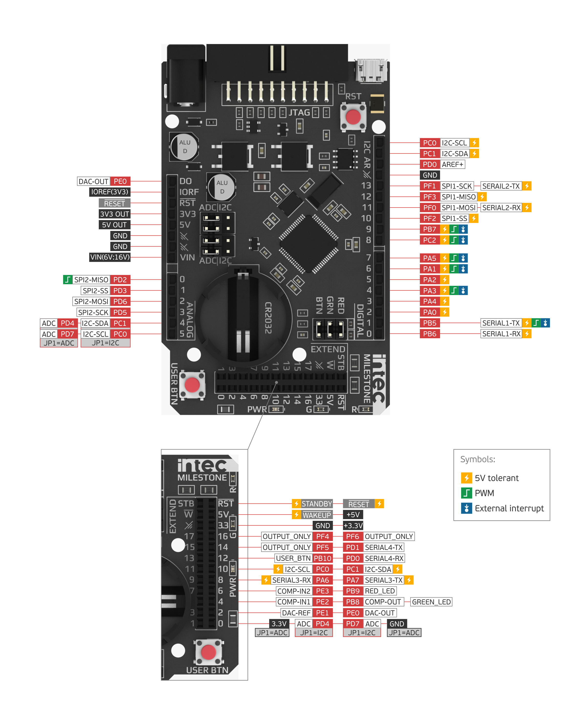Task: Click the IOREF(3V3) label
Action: (110, 192)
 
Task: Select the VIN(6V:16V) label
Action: (110, 257)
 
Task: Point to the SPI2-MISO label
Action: (91, 280)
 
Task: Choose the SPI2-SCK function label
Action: (93, 312)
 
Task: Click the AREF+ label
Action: (452, 164)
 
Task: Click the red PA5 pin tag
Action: (429, 258)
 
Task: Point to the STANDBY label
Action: (316, 504)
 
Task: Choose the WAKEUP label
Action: (316, 515)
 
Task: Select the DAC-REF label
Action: (296, 613)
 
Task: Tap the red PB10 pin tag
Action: (322, 558)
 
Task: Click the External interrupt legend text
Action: (509, 508)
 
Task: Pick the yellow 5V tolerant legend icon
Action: (466, 478)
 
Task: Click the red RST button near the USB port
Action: (353, 117)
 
